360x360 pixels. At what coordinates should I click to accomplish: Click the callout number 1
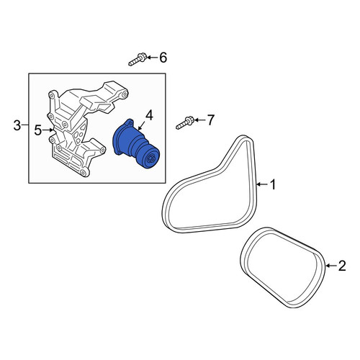(273, 184)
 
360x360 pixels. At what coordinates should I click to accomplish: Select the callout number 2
(342, 266)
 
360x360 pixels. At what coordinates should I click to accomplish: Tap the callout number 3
(17, 125)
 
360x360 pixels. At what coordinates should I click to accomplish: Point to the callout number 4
(149, 115)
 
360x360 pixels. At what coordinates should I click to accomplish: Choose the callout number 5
(38, 130)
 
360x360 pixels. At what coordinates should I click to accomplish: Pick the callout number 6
(163, 58)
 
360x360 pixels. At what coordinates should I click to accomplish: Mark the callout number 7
(210, 120)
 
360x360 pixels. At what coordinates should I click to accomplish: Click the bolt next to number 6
(138, 60)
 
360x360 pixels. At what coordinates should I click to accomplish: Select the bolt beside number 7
(185, 122)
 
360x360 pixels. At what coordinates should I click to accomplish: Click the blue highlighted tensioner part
(135, 145)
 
